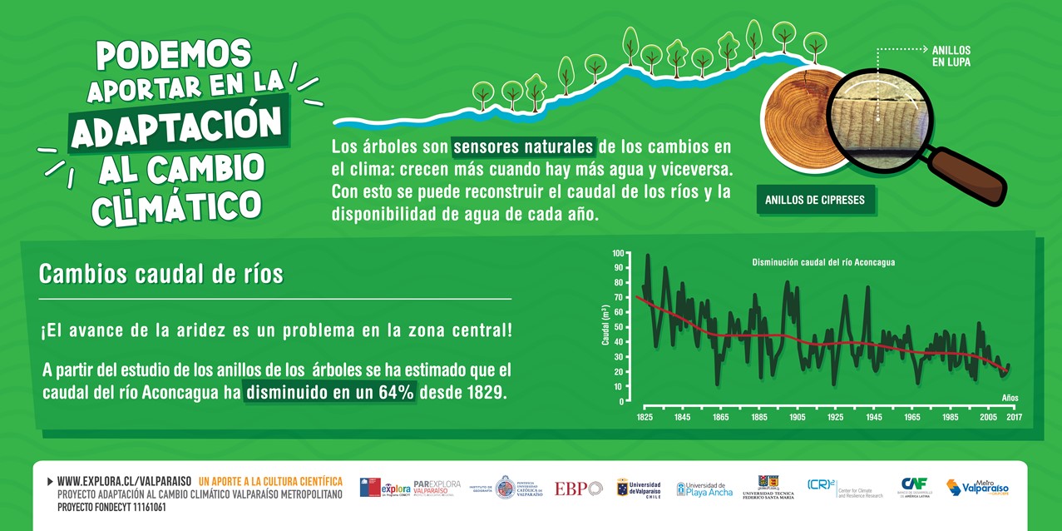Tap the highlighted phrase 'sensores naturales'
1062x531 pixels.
524,147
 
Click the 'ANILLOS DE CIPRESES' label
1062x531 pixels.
815,200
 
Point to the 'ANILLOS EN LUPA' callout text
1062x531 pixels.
951,56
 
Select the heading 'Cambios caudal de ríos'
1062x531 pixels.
161,274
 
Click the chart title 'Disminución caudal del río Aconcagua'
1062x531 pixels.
823,262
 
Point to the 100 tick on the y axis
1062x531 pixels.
617,252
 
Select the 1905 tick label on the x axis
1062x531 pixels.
797,416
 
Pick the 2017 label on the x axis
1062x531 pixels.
1014,416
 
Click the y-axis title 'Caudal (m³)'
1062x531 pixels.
605,325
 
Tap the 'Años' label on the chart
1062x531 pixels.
1010,398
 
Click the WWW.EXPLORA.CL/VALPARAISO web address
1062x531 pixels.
124,481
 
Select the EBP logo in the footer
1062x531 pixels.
578,489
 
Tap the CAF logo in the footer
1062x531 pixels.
914,487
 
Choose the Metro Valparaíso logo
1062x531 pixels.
978,488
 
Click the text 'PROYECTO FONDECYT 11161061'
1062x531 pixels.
111,507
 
